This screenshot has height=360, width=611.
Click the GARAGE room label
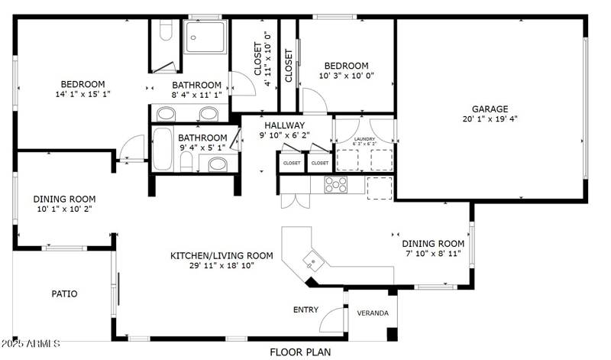tap(490, 109)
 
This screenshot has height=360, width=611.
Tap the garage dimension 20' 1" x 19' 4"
tap(490, 119)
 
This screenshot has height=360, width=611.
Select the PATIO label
tap(64, 294)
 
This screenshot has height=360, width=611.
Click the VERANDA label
tap(373, 313)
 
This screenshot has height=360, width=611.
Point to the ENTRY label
tap(306, 310)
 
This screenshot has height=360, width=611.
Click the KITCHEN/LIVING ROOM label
tap(221, 255)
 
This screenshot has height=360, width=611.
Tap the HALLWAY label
tap(285, 125)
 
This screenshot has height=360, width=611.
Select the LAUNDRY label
tap(365, 139)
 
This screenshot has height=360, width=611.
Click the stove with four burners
tap(336, 184)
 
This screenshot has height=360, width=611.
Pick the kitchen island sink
tap(312, 260)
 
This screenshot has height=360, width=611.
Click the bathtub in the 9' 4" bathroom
tap(162, 149)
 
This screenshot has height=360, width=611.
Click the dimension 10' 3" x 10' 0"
tap(346, 76)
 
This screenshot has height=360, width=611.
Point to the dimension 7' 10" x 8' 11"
tap(433, 253)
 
